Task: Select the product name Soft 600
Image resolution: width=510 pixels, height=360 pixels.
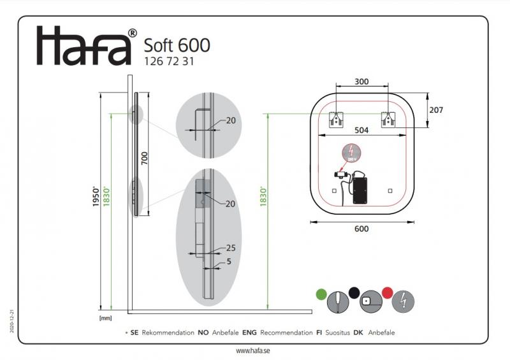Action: click(177, 45)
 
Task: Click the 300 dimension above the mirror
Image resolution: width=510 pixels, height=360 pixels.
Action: click(361, 82)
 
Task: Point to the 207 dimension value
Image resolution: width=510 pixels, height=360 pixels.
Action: click(436, 110)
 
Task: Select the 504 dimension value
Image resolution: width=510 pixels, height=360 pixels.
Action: click(361, 130)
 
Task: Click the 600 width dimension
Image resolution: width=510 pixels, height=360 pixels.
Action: click(361, 230)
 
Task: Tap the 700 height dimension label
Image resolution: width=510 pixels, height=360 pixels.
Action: click(144, 158)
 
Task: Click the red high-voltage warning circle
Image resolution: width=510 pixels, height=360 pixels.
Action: click(351, 152)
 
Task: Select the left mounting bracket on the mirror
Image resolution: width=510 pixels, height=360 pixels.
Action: click(335, 119)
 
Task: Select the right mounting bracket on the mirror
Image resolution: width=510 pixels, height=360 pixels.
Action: click(388, 119)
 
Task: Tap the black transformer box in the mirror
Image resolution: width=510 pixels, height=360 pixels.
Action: click(360, 189)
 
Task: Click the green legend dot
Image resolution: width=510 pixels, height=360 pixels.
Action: click(321, 294)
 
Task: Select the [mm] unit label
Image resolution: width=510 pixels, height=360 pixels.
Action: click(106, 317)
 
